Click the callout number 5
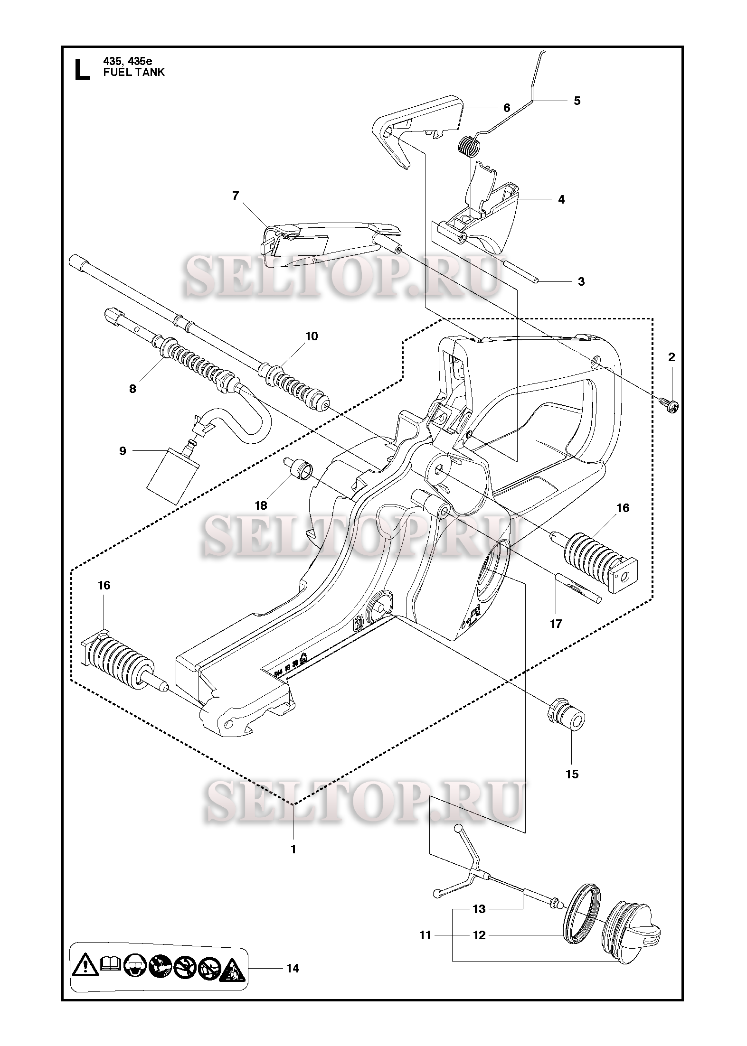(x=577, y=101)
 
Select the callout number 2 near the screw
(x=671, y=357)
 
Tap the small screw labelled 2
(x=669, y=405)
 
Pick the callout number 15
(x=572, y=774)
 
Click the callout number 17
(x=556, y=624)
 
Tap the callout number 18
(x=261, y=505)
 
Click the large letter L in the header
(x=83, y=69)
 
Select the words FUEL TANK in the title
(x=134, y=72)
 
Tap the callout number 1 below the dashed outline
(x=293, y=849)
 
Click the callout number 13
(x=479, y=909)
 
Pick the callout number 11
(x=425, y=935)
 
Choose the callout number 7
(x=236, y=196)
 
